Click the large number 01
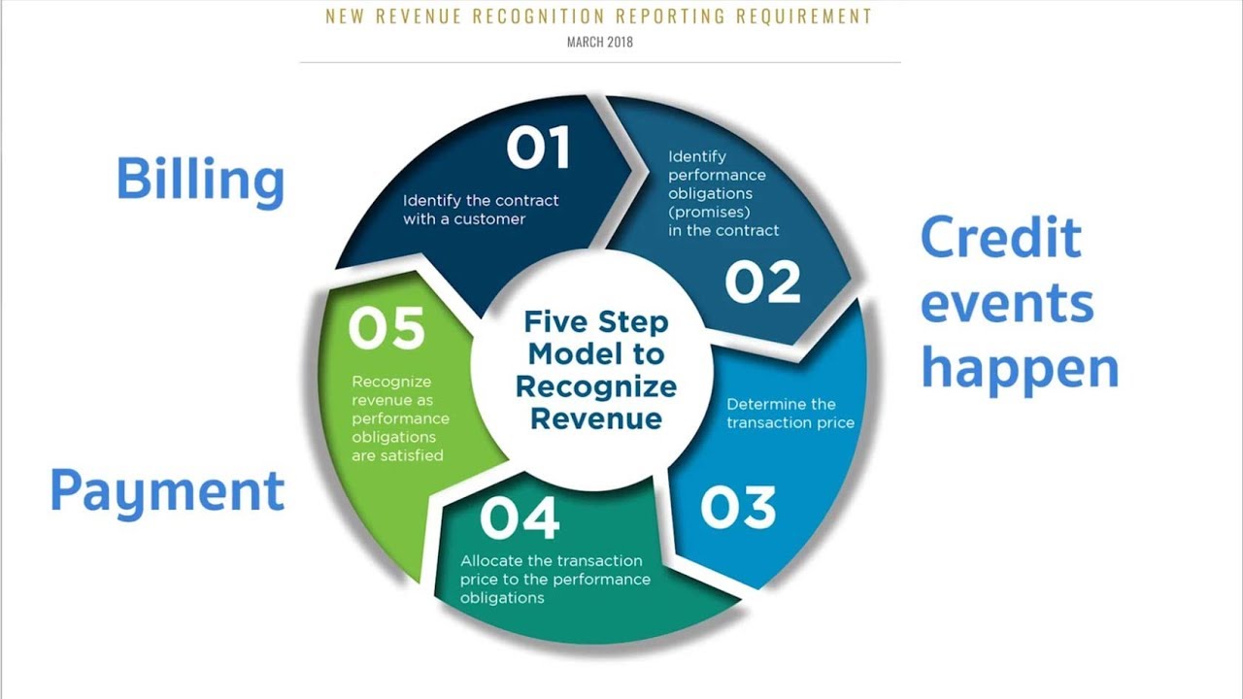(x=538, y=147)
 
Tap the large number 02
(x=763, y=283)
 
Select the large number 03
(x=738, y=507)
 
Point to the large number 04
(x=520, y=518)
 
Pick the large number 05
(x=386, y=328)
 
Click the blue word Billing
(x=200, y=181)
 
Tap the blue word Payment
(x=167, y=492)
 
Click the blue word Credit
(x=1001, y=238)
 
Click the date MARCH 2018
(x=600, y=42)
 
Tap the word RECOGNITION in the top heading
(x=538, y=17)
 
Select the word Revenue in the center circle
(x=596, y=418)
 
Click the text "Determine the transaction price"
(x=790, y=414)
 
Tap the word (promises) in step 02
(x=709, y=213)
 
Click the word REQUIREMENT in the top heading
(x=804, y=17)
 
